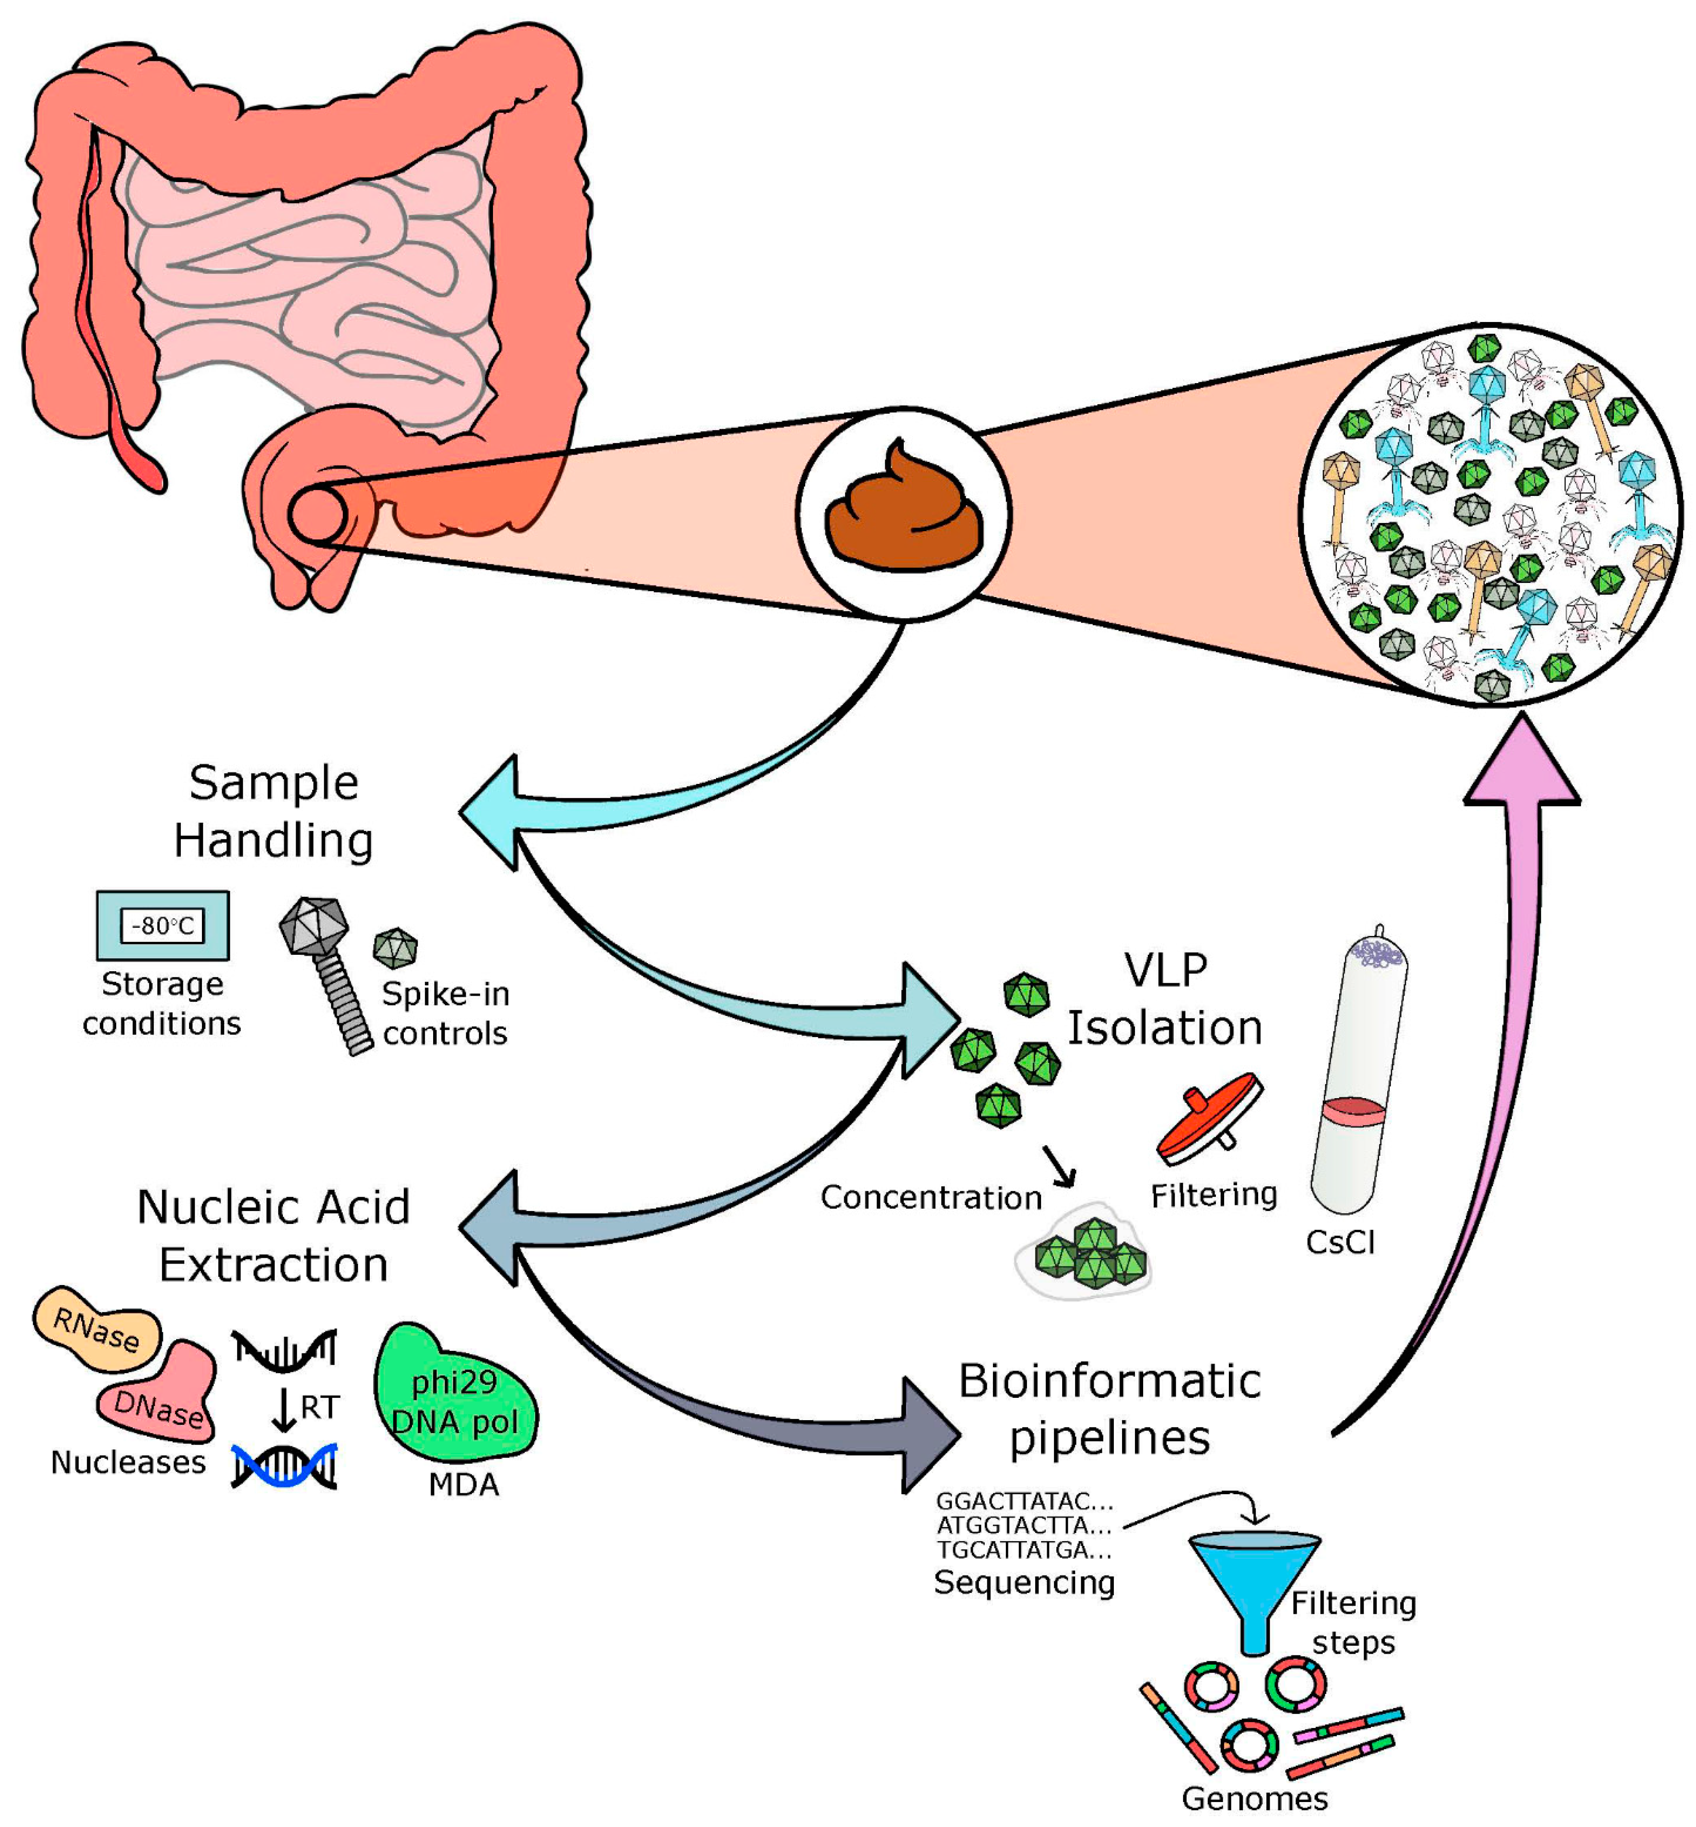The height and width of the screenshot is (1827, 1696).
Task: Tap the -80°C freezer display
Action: (x=162, y=925)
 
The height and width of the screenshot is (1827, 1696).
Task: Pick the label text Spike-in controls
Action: (x=445, y=1013)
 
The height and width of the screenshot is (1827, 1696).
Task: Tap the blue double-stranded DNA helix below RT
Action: (x=285, y=1465)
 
